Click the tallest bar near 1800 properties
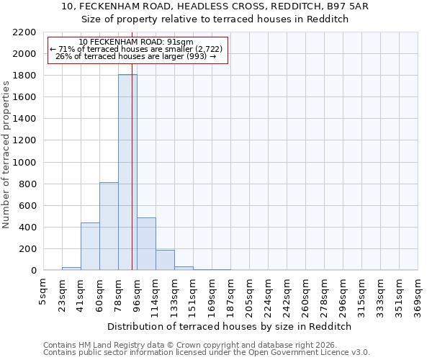127,173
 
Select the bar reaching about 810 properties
109,227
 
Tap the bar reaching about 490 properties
146,244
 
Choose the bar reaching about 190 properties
165,260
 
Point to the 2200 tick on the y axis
23,32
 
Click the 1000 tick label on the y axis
23,163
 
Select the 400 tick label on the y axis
26,228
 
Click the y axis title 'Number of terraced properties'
6,155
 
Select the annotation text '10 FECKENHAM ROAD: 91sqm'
136,42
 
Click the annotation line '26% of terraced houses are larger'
136,56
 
